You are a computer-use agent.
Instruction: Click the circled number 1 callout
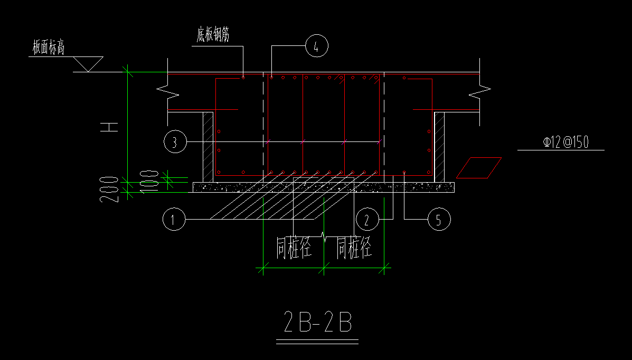coord(174,219)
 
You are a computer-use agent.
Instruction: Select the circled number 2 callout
coord(367,219)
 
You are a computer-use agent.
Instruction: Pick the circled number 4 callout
coord(317,46)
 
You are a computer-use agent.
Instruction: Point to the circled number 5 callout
coord(439,219)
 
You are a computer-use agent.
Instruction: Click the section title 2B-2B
coord(318,321)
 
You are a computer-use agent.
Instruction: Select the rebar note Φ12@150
coord(566,142)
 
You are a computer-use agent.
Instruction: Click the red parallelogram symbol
coord(479,168)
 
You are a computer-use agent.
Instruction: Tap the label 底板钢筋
coord(213,35)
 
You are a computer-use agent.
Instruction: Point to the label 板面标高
coord(49,48)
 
